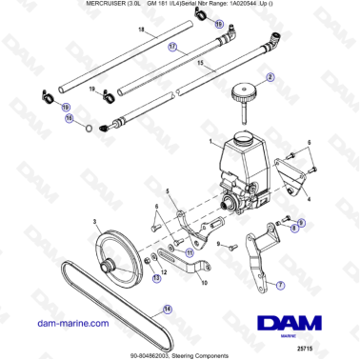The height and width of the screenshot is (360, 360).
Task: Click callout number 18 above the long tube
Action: tap(140, 31)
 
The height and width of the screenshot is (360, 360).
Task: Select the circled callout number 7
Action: tap(279, 285)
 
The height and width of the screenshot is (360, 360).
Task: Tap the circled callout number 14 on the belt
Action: tap(168, 308)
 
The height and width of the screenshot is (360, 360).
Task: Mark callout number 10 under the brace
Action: tap(200, 283)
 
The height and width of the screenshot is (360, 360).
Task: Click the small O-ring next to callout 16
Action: tap(89, 126)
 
